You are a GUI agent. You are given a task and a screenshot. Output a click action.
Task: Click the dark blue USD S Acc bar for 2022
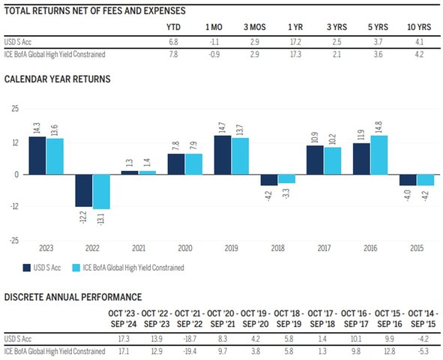pos(84,190)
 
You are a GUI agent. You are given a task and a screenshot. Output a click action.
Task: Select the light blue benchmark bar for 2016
pos(379,155)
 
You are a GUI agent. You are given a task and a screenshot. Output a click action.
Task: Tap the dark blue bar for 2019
pos(223,155)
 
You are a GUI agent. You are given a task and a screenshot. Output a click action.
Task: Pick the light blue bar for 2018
pos(287,178)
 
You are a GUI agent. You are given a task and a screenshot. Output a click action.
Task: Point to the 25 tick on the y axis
pos(15,109)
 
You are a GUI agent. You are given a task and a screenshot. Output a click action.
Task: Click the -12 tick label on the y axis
pos(14,206)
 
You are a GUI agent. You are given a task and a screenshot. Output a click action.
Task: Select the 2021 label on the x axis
pos(139,248)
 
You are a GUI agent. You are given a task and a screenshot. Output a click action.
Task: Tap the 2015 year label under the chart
pos(417,248)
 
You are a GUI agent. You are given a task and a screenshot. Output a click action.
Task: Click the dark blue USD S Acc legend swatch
pos(27,268)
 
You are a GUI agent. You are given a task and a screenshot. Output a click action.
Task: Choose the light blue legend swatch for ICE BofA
pos(76,268)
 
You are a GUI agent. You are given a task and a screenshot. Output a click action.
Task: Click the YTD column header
pos(173,27)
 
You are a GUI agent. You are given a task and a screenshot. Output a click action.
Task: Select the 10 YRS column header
pos(419,27)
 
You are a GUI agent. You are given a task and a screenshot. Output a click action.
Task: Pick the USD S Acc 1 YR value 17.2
pos(295,42)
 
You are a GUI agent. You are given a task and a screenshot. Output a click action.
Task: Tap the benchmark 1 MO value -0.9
pos(214,54)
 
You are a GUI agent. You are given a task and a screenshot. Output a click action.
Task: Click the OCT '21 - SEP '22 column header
pos(190,319)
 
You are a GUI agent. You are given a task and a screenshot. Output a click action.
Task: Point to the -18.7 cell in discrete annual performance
pos(190,339)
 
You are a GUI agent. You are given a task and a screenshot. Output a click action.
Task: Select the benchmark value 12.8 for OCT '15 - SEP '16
pos(390,351)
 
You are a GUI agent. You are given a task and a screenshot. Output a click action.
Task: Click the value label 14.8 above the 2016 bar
pos(379,127)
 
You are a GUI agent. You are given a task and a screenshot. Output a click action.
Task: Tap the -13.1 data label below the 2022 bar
pos(101,218)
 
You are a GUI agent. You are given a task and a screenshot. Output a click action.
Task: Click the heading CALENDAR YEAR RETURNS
pos(58,79)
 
